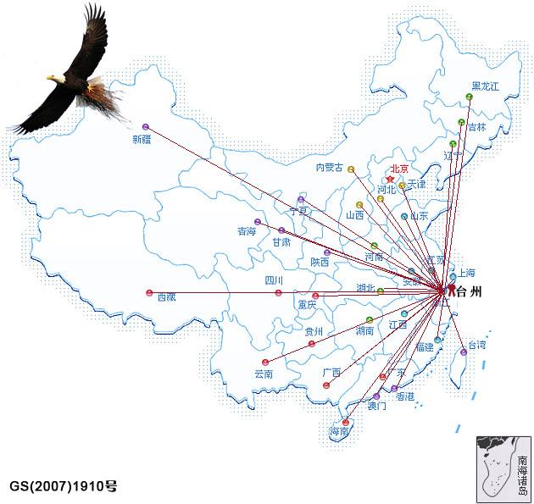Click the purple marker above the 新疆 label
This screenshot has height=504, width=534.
point(146,126)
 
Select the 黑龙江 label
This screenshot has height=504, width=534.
point(486,86)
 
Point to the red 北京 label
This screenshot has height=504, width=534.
point(399,169)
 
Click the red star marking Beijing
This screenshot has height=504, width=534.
point(390,180)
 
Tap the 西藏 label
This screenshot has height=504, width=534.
point(166,296)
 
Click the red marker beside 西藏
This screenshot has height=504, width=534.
point(149,293)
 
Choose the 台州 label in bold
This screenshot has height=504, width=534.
point(474,293)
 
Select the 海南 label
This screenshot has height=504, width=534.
point(339,433)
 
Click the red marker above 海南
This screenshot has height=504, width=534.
point(345,422)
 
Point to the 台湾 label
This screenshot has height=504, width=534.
point(477,345)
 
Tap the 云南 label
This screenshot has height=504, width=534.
point(264,374)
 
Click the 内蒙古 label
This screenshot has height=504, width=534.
point(329,168)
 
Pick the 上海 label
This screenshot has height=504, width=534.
point(467,273)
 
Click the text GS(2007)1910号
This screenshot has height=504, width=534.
point(64,486)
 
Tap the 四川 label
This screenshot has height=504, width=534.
point(274,280)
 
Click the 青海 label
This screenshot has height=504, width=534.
point(247,231)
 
